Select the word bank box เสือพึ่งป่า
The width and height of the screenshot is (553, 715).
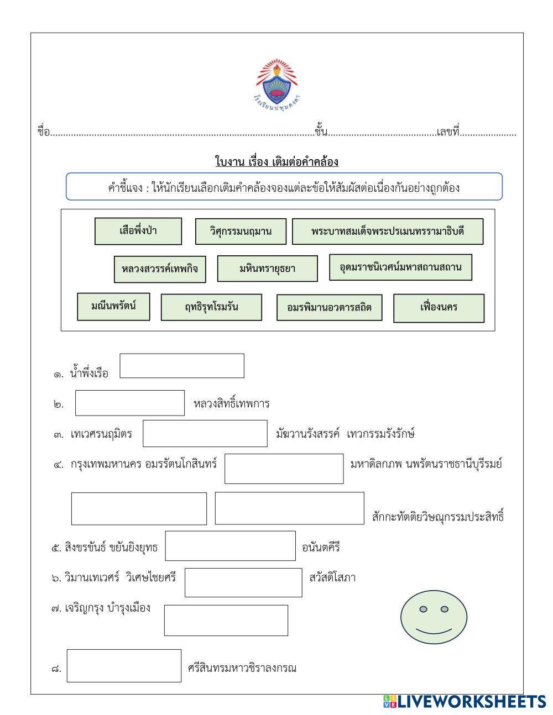pyautogui.click(x=138, y=231)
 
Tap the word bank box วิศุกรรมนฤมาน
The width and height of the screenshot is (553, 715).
pyautogui.click(x=241, y=232)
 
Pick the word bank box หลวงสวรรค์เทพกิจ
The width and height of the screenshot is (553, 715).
pyautogui.click(x=160, y=269)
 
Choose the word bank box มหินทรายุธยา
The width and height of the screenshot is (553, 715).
pyautogui.click(x=267, y=269)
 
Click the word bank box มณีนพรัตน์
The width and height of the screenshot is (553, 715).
pyautogui.click(x=113, y=306)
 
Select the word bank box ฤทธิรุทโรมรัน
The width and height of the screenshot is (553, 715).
pyautogui.click(x=211, y=307)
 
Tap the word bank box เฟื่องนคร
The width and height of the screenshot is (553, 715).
pyautogui.click(x=439, y=308)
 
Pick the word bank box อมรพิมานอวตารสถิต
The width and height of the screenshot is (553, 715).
pyautogui.click(x=329, y=307)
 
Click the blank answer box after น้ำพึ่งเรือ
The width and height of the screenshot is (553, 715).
pyautogui.click(x=182, y=366)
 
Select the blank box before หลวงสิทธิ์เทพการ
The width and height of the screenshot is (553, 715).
pyautogui.click(x=130, y=403)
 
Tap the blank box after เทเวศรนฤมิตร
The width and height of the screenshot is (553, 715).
pyautogui.click(x=205, y=433)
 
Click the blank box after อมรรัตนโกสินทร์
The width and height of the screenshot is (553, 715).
pyautogui.click(x=284, y=469)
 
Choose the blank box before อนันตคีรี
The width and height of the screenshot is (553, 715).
pyautogui.click(x=230, y=546)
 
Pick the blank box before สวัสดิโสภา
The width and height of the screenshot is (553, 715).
pyautogui.click(x=243, y=582)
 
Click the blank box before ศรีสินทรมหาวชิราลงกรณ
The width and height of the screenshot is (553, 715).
pyautogui.click(x=124, y=666)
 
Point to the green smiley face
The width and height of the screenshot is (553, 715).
pyautogui.click(x=434, y=618)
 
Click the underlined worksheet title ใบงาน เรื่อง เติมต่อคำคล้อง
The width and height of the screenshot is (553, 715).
pyautogui.click(x=276, y=162)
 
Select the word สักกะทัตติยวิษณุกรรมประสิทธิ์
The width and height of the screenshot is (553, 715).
pyautogui.click(x=439, y=517)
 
